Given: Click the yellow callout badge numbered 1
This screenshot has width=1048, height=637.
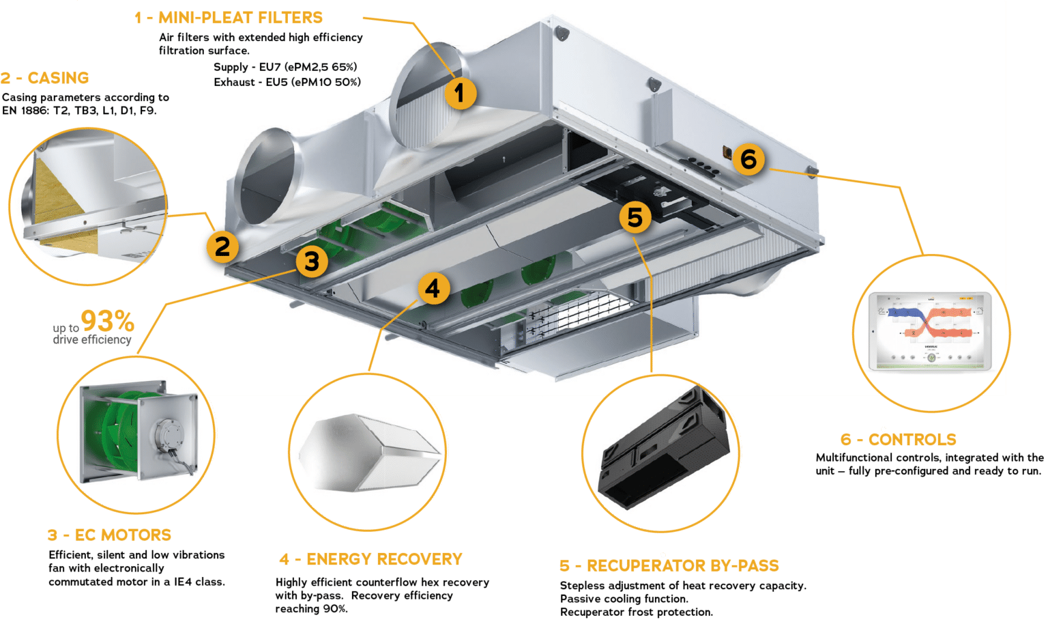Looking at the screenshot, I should pos(460,93).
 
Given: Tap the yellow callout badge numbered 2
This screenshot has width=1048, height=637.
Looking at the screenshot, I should pos(222,247).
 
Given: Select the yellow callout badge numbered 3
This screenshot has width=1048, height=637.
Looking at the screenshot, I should pos(312,261).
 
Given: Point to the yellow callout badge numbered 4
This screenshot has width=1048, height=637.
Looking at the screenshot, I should pos(433,289).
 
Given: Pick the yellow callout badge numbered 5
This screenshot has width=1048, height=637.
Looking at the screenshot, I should pos(635,217).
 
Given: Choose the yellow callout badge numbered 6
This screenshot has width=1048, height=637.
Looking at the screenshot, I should pos(748,159).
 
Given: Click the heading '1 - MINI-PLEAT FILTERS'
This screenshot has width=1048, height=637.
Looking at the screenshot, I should pos(229,18).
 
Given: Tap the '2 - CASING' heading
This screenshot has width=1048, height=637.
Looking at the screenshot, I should pos(45,78).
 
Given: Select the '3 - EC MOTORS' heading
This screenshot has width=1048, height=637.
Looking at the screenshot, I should pos(109,535).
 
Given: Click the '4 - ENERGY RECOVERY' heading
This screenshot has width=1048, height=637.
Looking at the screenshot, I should pos(370,559).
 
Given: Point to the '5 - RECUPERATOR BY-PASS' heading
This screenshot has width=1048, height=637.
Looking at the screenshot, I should pos(669,565).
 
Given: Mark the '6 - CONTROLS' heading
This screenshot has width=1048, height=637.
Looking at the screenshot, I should pos(898,439).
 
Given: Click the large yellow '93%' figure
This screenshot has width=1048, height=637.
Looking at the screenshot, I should pos(107,320).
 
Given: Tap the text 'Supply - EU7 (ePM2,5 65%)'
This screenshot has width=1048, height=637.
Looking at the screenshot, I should pos(285,67).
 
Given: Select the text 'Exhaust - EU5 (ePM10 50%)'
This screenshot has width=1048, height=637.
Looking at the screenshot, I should pos(287,82).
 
